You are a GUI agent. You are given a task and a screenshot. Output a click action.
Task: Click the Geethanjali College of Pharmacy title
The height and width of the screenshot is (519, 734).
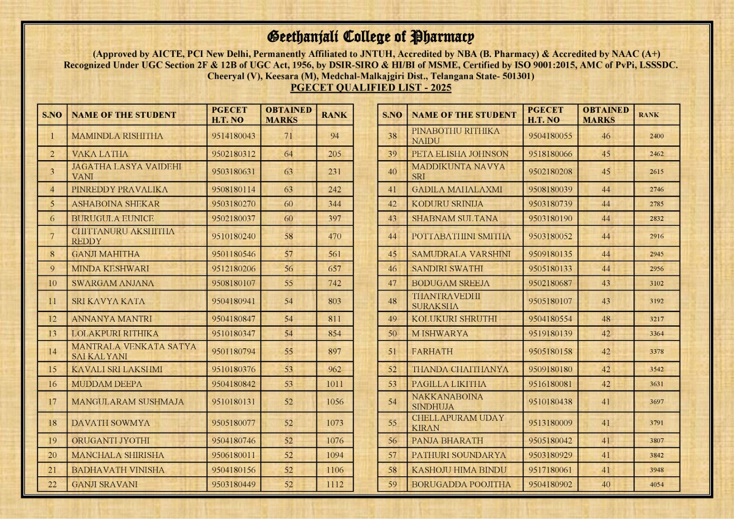click(x=371, y=36)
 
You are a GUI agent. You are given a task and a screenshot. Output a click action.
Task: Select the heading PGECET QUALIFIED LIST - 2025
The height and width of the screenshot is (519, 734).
click(x=371, y=88)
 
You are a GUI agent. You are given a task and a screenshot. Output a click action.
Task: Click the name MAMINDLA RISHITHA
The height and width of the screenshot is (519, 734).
click(x=117, y=136)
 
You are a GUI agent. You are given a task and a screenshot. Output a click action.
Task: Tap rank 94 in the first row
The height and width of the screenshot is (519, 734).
click(x=334, y=136)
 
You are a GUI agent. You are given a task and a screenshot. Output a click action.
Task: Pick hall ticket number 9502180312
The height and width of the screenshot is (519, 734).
click(x=234, y=154)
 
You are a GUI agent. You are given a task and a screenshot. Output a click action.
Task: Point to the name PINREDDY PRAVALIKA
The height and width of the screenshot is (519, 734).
click(x=120, y=189)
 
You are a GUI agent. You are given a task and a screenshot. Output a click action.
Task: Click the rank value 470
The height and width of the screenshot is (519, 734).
click(x=334, y=236)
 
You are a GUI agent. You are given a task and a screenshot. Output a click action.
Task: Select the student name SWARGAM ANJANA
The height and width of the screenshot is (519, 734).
click(x=113, y=283)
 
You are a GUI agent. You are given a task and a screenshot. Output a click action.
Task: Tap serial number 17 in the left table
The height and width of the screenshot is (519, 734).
click(x=52, y=402)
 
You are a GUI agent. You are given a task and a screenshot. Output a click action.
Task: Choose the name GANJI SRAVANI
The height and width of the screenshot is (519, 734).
click(x=105, y=484)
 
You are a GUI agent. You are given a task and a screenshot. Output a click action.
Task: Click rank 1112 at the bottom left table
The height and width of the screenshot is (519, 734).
click(x=334, y=484)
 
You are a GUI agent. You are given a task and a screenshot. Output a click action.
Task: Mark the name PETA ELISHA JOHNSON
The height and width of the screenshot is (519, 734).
click(x=460, y=154)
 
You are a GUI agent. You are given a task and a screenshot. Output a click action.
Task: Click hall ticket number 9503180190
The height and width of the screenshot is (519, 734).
click(x=550, y=218)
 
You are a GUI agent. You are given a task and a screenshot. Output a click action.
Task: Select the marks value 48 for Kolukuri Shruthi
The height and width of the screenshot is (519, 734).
click(x=606, y=319)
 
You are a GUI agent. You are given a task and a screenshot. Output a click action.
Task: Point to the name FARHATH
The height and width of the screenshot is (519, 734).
click(x=432, y=352)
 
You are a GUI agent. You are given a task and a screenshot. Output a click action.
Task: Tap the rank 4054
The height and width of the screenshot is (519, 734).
click(x=656, y=484)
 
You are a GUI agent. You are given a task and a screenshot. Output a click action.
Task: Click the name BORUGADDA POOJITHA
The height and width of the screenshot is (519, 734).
click(x=461, y=484)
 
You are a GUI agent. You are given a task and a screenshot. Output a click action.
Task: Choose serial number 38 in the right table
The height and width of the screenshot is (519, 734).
click(x=392, y=136)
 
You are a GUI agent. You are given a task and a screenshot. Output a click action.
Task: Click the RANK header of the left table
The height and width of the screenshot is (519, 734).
click(x=334, y=115)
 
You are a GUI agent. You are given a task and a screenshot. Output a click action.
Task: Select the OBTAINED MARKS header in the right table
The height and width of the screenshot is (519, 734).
click(x=606, y=115)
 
